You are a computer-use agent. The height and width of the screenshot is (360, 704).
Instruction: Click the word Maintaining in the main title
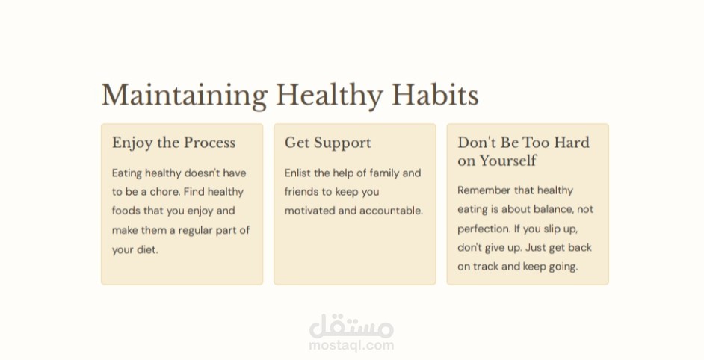(185, 96)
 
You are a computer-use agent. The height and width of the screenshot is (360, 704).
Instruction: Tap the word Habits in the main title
(435, 95)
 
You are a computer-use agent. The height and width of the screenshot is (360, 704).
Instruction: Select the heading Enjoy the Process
(173, 143)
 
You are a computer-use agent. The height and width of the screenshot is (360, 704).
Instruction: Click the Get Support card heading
(328, 143)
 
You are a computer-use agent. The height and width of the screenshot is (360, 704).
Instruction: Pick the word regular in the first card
(195, 231)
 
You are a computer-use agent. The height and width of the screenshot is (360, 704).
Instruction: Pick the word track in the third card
(485, 266)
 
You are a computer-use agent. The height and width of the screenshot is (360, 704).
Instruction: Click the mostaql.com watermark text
(351, 345)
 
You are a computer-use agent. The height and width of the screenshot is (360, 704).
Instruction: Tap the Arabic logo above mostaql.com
(351, 326)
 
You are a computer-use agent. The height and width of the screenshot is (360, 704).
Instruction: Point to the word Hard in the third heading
(572, 143)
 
